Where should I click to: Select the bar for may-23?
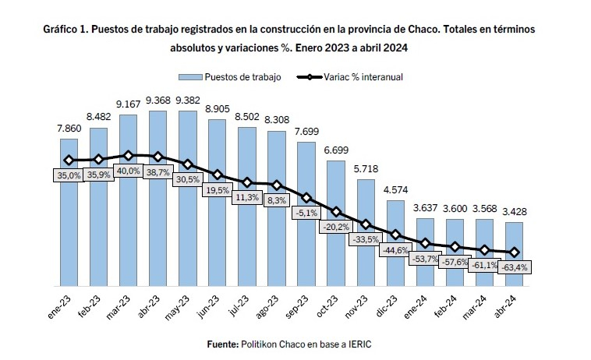188,199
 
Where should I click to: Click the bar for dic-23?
395,243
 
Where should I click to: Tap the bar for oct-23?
336,224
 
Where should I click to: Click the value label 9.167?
128,104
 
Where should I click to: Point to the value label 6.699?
336,150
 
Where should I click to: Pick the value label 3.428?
515,212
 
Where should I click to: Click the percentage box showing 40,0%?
128,171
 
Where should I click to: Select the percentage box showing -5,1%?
306,213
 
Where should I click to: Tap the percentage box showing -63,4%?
515,267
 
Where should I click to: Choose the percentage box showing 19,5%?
218,190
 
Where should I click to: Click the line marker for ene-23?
69,161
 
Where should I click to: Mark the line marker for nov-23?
366,225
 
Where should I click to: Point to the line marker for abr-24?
514,252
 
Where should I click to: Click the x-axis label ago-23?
267,306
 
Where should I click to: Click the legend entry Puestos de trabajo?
229,77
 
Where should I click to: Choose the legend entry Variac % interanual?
350,77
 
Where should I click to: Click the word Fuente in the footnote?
222,344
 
